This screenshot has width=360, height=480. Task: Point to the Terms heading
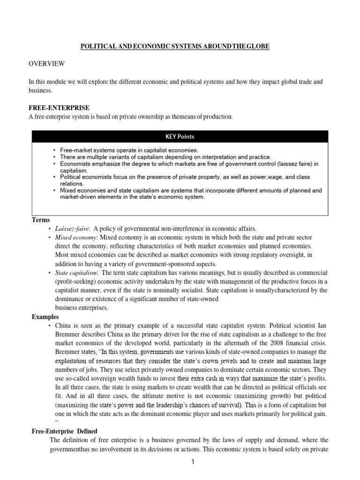41,220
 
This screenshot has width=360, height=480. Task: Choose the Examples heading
45,317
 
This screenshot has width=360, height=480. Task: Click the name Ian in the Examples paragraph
319,325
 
